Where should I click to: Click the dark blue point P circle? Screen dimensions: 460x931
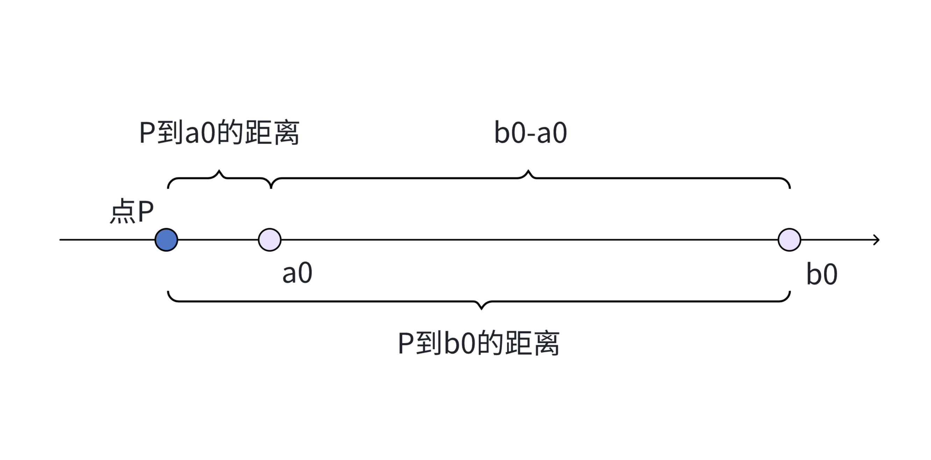pyautogui.click(x=166, y=240)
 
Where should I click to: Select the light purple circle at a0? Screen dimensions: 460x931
pyautogui.click(x=270, y=240)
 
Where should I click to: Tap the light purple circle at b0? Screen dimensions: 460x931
pyautogui.click(x=789, y=240)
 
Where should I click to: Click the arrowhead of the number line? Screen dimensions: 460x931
pyautogui.click(x=876, y=240)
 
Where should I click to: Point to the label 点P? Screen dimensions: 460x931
pyautogui.click(x=131, y=211)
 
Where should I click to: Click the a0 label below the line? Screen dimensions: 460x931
pyautogui.click(x=297, y=273)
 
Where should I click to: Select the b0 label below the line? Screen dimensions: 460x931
pyautogui.click(x=822, y=275)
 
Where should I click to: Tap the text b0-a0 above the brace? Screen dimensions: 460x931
pyautogui.click(x=530, y=133)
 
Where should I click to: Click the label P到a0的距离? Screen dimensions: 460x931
pyautogui.click(x=219, y=133)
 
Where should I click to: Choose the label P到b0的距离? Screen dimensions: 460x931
pyautogui.click(x=479, y=343)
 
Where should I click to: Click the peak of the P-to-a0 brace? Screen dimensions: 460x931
pyautogui.click(x=219, y=171)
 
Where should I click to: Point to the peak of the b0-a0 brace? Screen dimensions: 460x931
pyautogui.click(x=528, y=171)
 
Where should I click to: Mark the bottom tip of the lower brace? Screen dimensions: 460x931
pyautogui.click(x=481, y=308)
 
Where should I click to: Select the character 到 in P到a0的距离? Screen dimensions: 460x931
pyautogui.click(x=170, y=133)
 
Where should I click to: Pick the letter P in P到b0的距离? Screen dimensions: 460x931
pyautogui.click(x=406, y=343)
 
